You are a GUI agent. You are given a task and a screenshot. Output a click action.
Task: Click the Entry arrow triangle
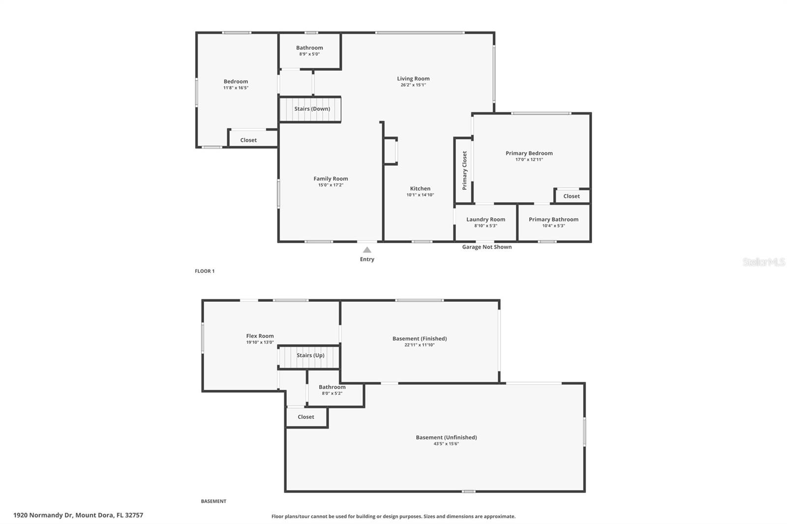pyautogui.click(x=367, y=250)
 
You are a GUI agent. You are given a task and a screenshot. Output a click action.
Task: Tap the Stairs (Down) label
pyautogui.click(x=312, y=109)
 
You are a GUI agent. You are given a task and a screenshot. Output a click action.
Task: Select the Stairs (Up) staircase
pyautogui.click(x=309, y=357)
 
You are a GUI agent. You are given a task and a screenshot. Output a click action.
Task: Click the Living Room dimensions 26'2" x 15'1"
pyautogui.click(x=413, y=85)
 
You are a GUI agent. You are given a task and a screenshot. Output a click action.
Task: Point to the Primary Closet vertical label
pyautogui.click(x=464, y=170)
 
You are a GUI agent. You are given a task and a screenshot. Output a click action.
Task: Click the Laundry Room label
pyautogui.click(x=485, y=219)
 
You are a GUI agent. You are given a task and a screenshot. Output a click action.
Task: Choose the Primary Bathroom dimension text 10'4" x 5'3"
pyautogui.click(x=553, y=226)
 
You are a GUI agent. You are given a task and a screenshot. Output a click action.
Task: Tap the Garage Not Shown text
pyautogui.click(x=486, y=247)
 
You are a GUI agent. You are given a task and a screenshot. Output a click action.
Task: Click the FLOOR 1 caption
pyautogui.click(x=205, y=271)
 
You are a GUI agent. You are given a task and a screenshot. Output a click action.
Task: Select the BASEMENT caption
pyautogui.click(x=213, y=501)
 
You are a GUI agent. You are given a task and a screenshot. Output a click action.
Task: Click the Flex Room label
pyautogui.click(x=260, y=336)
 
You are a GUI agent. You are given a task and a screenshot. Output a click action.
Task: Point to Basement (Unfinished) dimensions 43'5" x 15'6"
pyautogui.click(x=446, y=444)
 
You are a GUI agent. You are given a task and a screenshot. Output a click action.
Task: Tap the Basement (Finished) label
pyautogui.click(x=419, y=338)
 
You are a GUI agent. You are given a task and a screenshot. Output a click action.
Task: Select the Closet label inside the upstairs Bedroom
pyautogui.click(x=248, y=140)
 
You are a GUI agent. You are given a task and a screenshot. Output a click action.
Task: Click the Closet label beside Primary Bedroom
pyautogui.click(x=571, y=196)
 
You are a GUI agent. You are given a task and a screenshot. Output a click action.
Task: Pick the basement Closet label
pyautogui.click(x=305, y=417)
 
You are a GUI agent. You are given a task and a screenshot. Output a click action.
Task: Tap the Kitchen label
pyautogui.click(x=420, y=188)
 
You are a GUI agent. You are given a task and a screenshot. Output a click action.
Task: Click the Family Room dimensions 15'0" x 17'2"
pyautogui.click(x=331, y=185)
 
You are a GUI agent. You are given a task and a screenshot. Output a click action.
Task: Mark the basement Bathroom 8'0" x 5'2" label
pyautogui.click(x=332, y=393)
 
